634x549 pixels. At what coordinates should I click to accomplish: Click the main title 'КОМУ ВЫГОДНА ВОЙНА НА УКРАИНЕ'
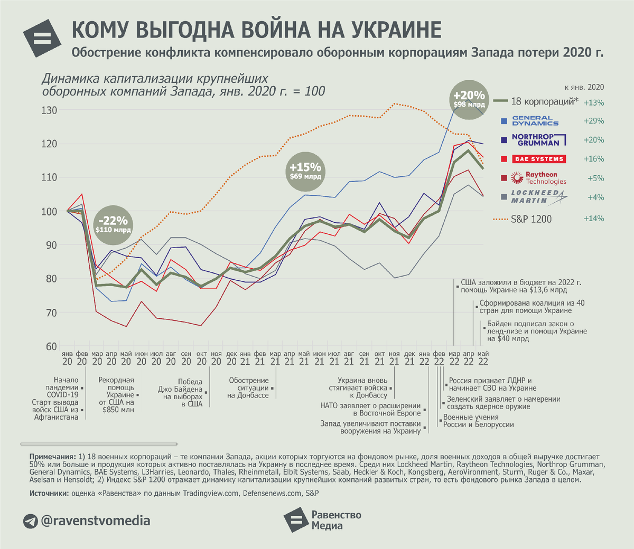click(256, 30)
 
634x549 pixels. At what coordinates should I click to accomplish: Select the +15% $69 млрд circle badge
click(305, 171)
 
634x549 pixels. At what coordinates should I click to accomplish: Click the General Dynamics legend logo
click(535, 121)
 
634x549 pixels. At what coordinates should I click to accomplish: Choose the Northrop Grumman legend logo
click(538, 140)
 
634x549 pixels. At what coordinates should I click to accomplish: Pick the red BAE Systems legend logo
click(539, 159)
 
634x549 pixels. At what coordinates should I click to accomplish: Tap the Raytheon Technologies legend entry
click(539, 178)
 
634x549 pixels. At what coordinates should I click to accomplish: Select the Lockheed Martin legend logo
click(538, 197)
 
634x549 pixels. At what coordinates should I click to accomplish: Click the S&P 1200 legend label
click(531, 219)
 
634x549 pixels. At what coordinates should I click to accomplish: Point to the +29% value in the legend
click(593, 121)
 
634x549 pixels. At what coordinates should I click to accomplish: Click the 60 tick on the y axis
click(51, 346)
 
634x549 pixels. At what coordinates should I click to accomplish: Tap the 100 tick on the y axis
click(49, 211)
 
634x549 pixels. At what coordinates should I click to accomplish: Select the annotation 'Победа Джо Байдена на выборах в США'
click(181, 393)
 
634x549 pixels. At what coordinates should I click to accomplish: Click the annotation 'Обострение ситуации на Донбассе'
click(248, 387)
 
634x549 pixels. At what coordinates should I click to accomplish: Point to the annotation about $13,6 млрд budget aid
click(520, 286)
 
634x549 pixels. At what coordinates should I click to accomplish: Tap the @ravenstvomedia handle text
click(95, 520)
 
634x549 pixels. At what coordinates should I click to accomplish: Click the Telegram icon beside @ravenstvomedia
click(30, 521)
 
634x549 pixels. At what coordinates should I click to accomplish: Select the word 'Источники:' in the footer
click(48, 493)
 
